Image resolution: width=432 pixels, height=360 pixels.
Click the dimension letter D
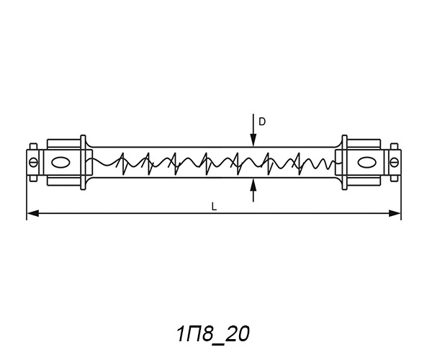click(x=262, y=122)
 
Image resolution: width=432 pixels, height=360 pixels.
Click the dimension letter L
click(x=214, y=207)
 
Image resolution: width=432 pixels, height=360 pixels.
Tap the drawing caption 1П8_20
click(x=212, y=335)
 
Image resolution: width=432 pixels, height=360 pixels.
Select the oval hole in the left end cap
click(x=60, y=163)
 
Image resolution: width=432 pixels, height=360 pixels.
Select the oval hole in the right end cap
click(x=366, y=163)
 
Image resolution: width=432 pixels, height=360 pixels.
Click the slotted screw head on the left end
click(x=34, y=162)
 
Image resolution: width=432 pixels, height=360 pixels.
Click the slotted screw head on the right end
click(x=395, y=162)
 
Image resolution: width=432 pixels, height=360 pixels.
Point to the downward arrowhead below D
click(x=253, y=140)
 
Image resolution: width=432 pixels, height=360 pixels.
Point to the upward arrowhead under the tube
click(x=253, y=185)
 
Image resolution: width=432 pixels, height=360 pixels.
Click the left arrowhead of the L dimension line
click(x=33, y=213)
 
